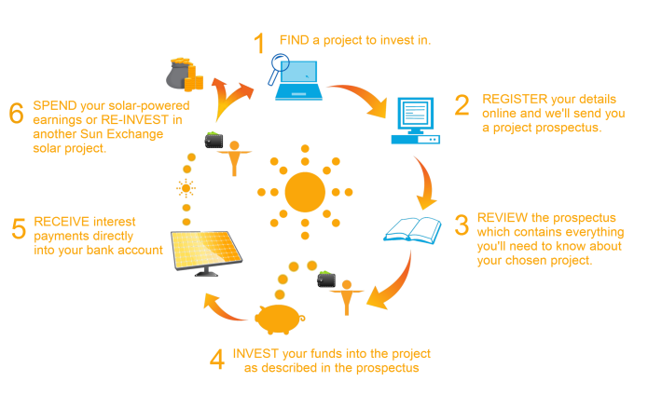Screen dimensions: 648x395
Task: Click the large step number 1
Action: (x=259, y=43)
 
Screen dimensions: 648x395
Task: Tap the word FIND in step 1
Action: (x=295, y=40)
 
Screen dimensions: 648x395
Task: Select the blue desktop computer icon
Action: (x=415, y=120)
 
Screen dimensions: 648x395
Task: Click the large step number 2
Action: (x=462, y=105)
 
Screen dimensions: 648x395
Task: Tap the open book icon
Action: (x=412, y=230)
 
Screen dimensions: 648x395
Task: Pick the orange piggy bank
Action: (x=280, y=319)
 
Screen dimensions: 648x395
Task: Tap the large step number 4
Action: (x=217, y=359)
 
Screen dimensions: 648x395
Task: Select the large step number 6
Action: (x=16, y=113)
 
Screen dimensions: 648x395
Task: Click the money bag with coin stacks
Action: (x=185, y=75)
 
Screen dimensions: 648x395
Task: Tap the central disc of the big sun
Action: (x=305, y=192)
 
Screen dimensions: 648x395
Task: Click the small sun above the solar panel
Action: (x=186, y=188)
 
